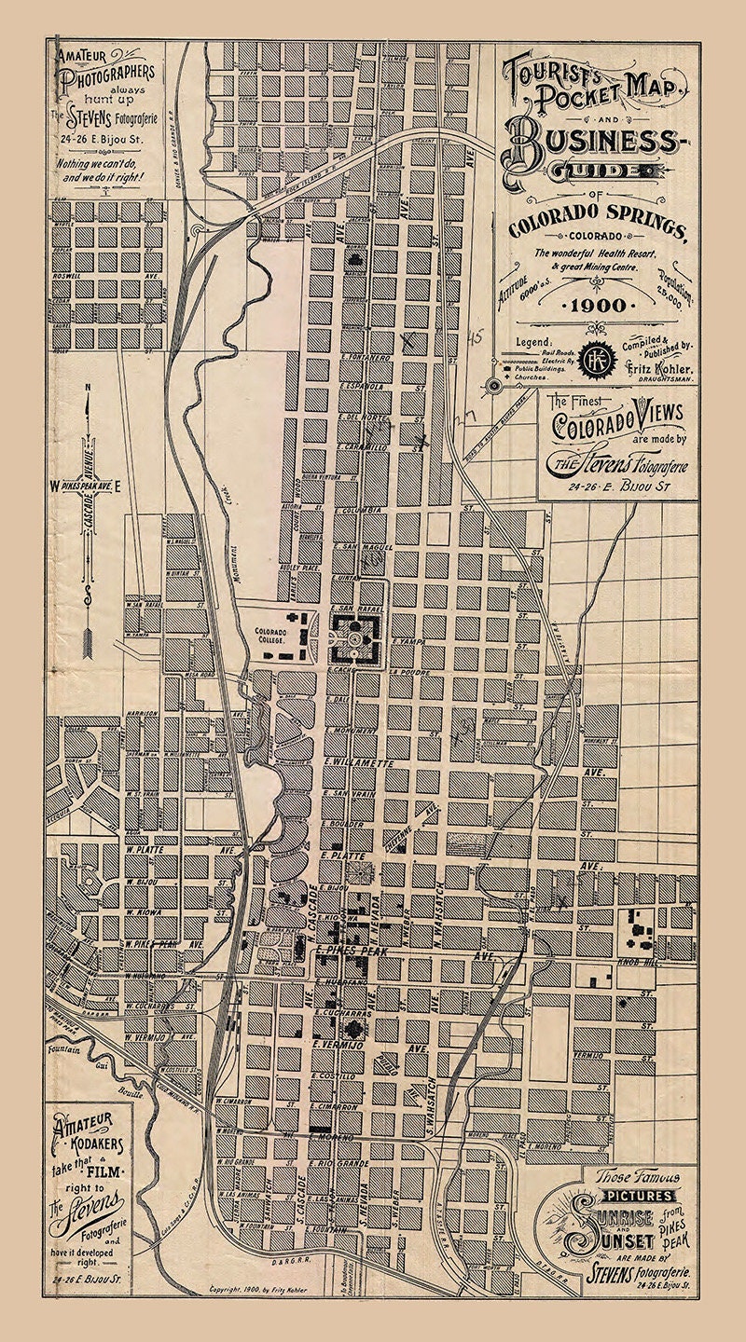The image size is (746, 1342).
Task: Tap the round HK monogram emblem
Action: (x=593, y=358)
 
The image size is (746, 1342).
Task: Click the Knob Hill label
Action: (x=636, y=960)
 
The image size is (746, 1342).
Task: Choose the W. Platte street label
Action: (x=145, y=850)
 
